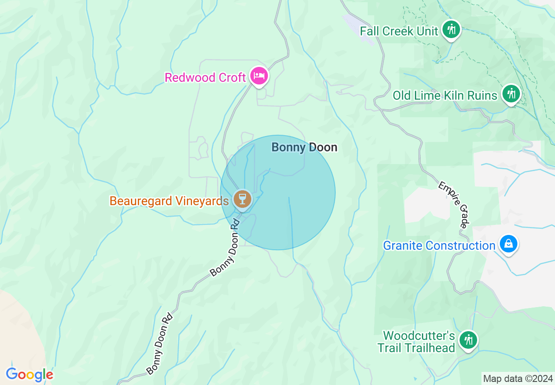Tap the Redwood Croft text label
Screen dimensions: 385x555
205,78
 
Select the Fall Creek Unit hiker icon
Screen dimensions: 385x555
451,30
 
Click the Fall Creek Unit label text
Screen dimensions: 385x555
399,31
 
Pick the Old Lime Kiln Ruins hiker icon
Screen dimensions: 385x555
510,94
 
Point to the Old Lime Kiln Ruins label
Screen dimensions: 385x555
445,95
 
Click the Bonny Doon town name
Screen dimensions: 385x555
304,147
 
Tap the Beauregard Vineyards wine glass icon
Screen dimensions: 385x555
242,199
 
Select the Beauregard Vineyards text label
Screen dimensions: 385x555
169,201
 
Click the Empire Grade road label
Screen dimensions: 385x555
454,204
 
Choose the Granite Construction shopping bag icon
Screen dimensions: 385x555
508,244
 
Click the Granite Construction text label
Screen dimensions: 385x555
439,245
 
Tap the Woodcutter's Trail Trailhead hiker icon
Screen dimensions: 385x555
468,340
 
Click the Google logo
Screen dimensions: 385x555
29,374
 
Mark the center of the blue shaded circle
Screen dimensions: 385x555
278,192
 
